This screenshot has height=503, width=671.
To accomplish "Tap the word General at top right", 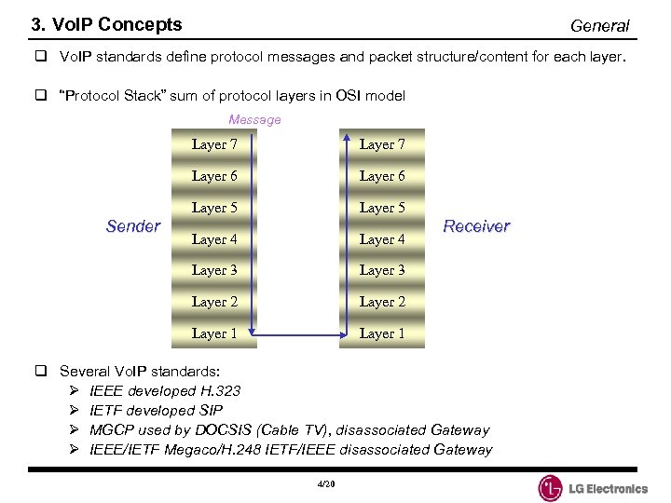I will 599,26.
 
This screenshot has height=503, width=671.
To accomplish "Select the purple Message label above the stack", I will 254,119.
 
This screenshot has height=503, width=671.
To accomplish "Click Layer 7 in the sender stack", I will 214,144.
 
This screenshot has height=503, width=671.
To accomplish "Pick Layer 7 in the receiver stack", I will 382,144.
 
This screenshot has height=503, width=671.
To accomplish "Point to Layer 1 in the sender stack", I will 214,333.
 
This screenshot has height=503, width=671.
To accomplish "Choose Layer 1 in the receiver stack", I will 382,333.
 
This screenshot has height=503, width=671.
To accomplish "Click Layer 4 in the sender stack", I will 214,239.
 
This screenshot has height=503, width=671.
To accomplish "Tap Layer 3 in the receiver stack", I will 382,270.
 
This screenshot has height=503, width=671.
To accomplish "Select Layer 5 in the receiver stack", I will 382,208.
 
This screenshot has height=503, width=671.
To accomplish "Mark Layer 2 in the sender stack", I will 214,302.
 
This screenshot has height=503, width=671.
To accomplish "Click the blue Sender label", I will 133,226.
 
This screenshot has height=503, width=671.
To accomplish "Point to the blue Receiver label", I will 476,226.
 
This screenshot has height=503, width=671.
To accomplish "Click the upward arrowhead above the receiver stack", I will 347,137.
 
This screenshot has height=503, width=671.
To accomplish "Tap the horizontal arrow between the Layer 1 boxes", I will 300,334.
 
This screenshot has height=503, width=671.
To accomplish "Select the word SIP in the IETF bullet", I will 211,410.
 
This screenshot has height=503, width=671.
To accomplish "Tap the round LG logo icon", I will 551,488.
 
